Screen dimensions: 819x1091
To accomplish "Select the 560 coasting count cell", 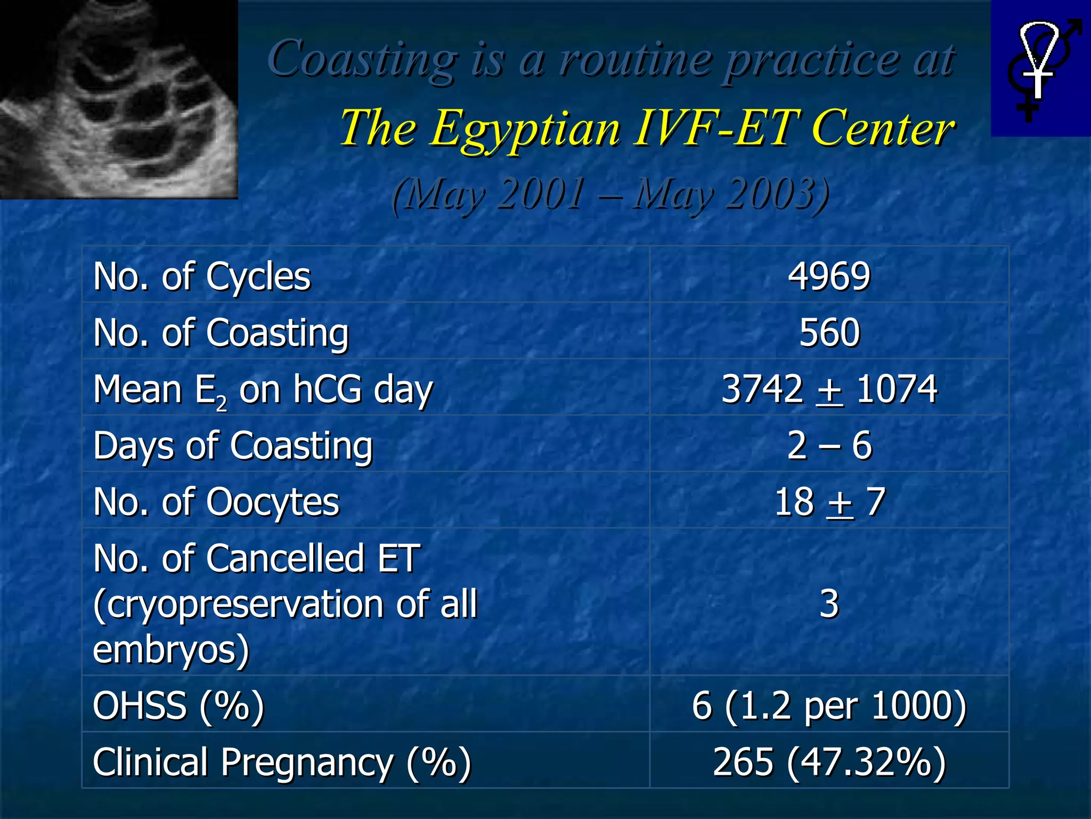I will tap(829, 333).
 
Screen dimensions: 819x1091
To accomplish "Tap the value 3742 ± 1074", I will tap(829, 389).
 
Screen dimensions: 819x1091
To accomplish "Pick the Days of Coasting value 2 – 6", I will tap(829, 446).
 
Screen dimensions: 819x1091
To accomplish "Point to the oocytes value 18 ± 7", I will tap(829, 502).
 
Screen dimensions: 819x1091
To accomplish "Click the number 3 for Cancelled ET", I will tap(829, 604).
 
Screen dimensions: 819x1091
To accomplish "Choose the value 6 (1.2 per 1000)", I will tap(829, 705).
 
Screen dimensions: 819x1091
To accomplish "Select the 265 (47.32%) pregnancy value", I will tap(829, 762).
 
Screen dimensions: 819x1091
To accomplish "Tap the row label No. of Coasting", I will tap(221, 333).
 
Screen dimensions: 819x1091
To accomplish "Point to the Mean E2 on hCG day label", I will tap(263, 390).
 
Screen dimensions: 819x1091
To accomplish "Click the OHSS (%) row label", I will tap(178, 705).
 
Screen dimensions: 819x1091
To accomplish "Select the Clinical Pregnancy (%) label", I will tap(282, 762).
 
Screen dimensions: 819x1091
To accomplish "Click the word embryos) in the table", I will tap(171, 649).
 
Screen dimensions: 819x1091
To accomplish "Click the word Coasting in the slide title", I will tap(362, 59).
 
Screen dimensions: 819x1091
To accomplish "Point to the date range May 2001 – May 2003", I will tap(610, 194).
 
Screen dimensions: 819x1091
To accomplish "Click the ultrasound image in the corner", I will tap(118, 99).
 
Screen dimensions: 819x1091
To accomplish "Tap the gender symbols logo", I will tap(1040, 68).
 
